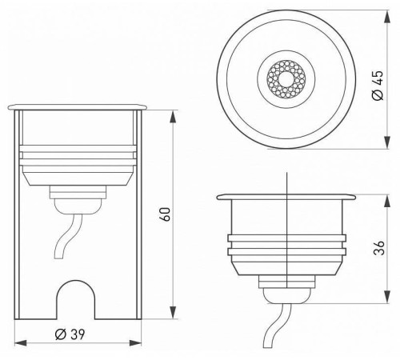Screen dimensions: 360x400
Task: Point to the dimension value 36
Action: point(378,250)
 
